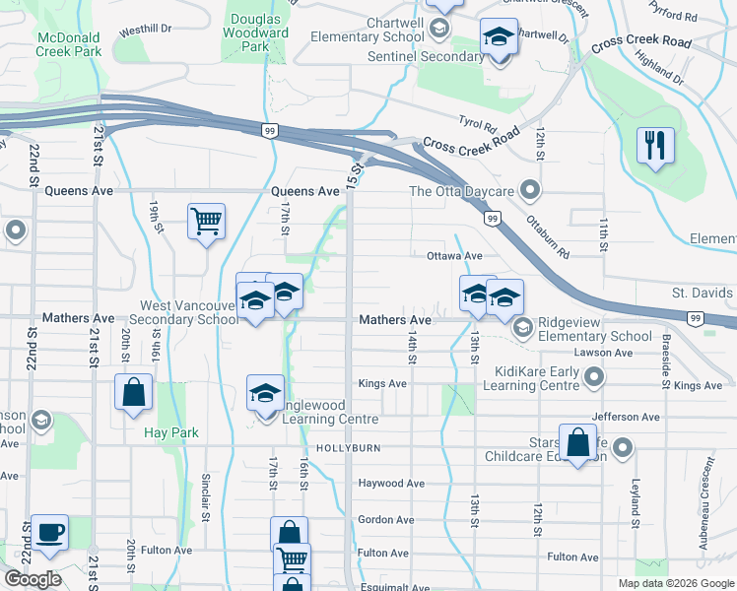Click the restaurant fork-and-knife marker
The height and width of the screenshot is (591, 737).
pos(655,146)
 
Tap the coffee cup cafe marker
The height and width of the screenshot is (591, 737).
pos(49,533)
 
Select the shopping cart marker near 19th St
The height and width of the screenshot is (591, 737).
pos(207,222)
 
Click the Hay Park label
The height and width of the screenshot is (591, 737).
pos(171,432)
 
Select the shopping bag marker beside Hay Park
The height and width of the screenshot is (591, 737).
pos(134,394)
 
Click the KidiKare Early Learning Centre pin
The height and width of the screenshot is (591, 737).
pos(594,376)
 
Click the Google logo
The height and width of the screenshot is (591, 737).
pos(33,579)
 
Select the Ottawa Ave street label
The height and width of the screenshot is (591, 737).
pos(454,255)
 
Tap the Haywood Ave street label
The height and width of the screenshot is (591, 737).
pos(390,484)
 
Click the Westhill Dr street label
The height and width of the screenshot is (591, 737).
pos(145,31)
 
